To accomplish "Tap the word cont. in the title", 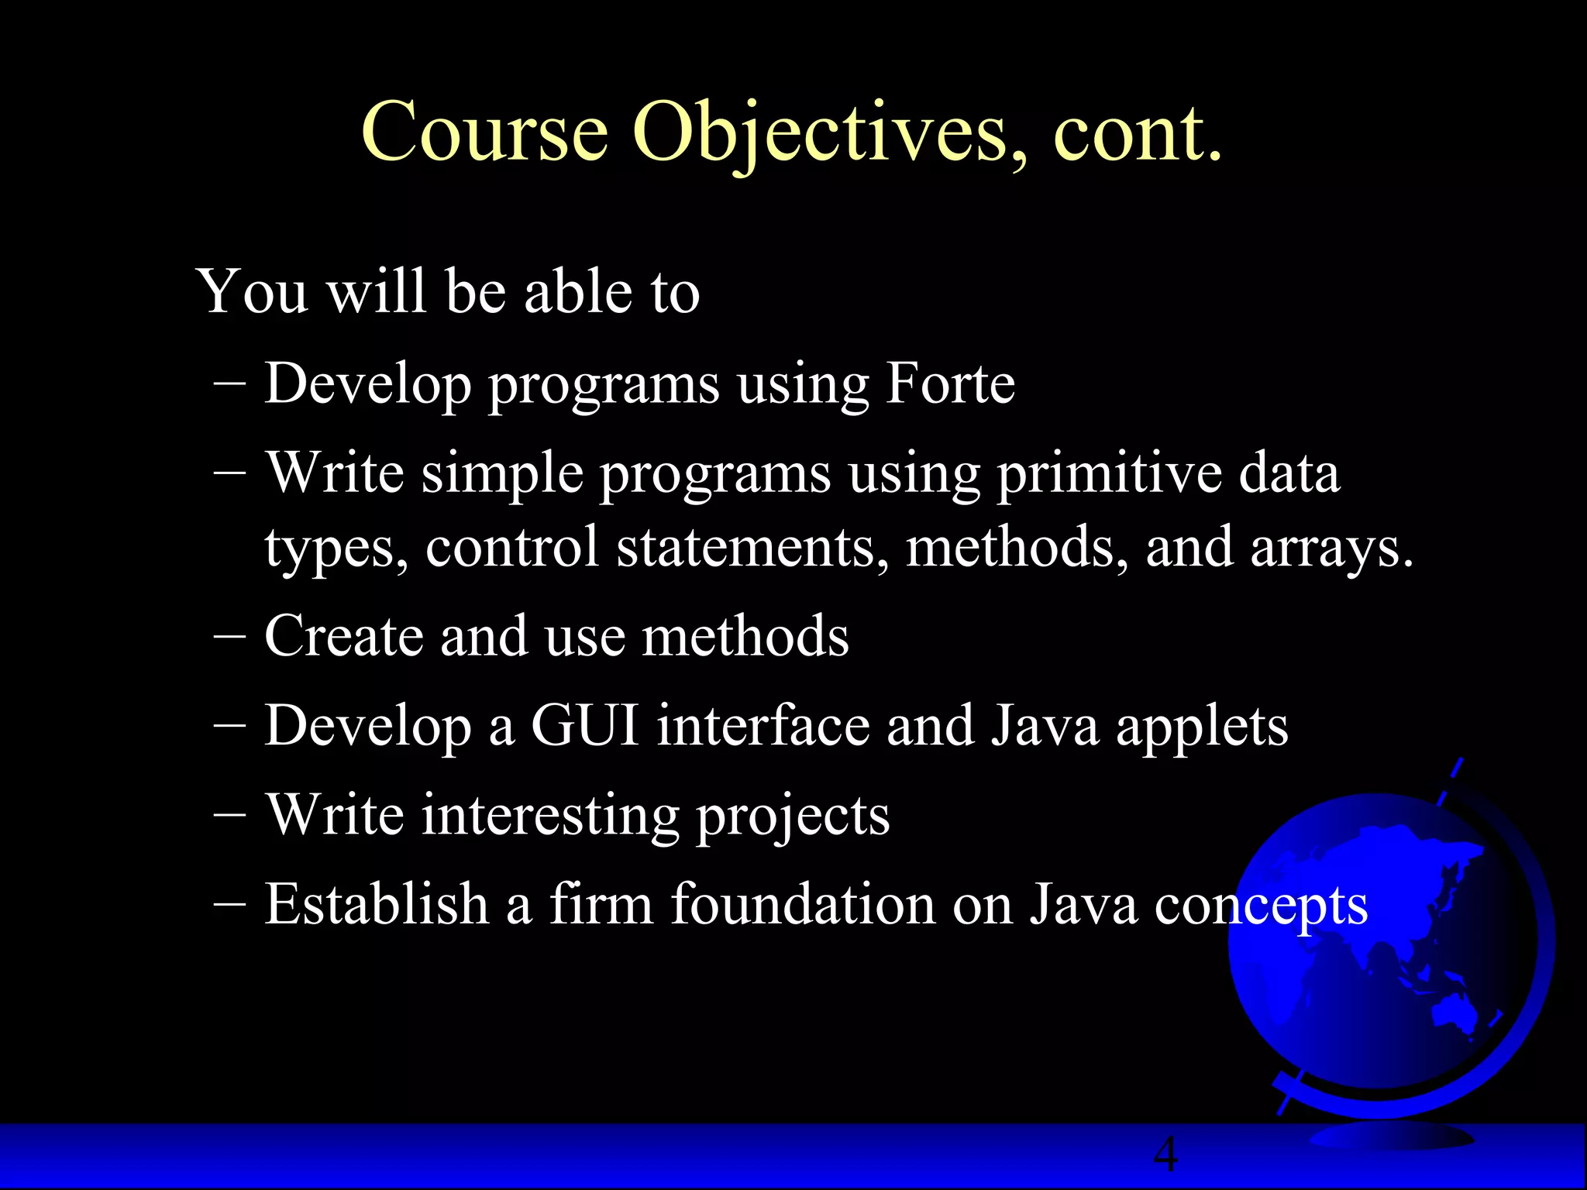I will pos(1138,133).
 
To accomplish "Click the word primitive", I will pos(1108,473).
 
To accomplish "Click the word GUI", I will pos(584,726).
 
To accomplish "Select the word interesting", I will pos(549,815).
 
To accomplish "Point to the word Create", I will pos(343,636).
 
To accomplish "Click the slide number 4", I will pos(1165,1154).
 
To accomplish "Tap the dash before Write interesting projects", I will pos(229,814).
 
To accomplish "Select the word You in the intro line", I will pos(253,292).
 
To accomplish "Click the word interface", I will pos(763,726).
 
